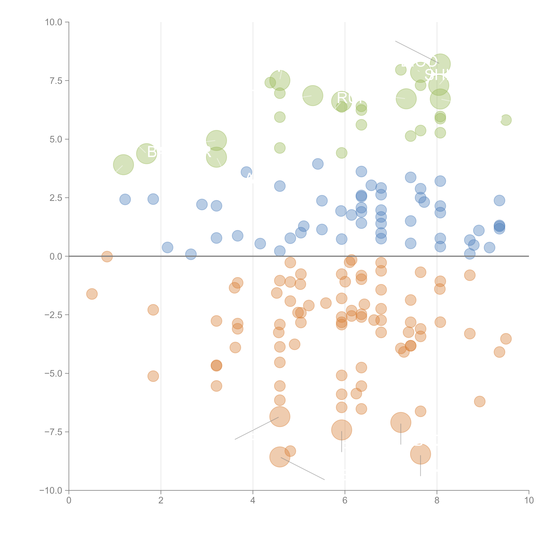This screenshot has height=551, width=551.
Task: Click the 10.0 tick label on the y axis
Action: coord(54,22)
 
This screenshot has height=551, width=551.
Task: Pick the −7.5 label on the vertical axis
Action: coord(54,432)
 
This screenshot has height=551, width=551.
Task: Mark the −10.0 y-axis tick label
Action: coord(51,491)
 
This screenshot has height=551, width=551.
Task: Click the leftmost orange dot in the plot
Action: coord(92,294)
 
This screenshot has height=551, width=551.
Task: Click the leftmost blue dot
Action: coord(125,199)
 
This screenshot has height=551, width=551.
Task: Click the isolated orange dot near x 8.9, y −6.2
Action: coord(480,401)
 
